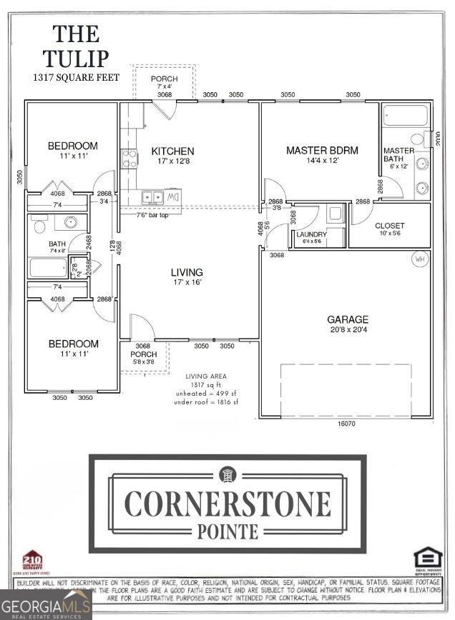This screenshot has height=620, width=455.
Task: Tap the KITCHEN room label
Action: pyautogui.click(x=172, y=151)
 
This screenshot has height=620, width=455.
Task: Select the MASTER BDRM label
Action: pyautogui.click(x=322, y=150)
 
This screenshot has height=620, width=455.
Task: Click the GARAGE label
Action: pyautogui.click(x=348, y=319)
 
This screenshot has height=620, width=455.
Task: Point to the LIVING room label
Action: pyautogui.click(x=186, y=272)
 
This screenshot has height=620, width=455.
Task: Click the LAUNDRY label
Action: pyautogui.click(x=312, y=234)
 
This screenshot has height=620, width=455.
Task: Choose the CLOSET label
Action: pyautogui.click(x=390, y=226)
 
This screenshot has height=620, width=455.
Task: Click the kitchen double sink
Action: pyautogui.click(x=152, y=196)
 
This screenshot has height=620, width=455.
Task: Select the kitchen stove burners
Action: pyautogui.click(x=129, y=159)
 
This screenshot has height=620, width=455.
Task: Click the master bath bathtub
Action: pyautogui.click(x=405, y=115)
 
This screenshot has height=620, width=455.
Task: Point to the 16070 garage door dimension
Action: pyautogui.click(x=348, y=424)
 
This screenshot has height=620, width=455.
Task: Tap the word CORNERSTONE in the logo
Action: pyautogui.click(x=227, y=504)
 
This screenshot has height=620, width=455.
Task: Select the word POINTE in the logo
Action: pyautogui.click(x=227, y=530)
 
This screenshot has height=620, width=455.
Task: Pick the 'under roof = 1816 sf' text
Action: pyautogui.click(x=206, y=402)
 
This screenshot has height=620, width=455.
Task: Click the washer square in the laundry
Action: pyautogui.click(x=334, y=213)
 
